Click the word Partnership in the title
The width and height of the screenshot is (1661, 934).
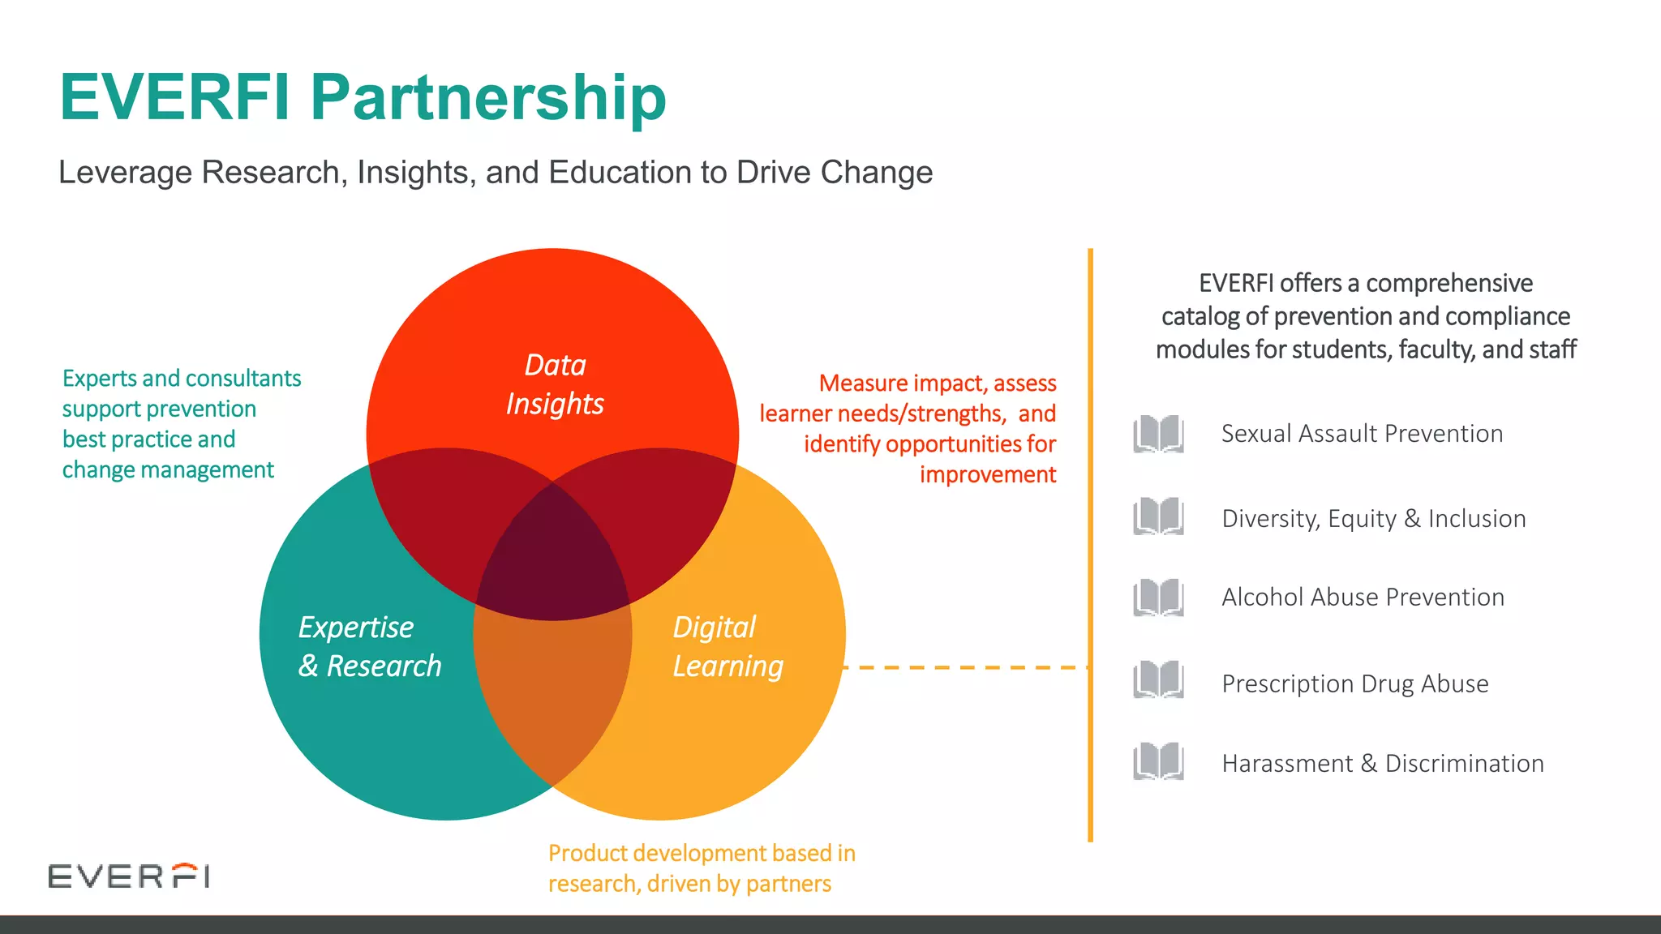tap(488, 98)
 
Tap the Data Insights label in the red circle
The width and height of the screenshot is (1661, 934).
tap(555, 384)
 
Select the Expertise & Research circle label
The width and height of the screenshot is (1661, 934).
tap(369, 646)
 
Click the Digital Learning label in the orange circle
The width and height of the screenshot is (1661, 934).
tap(727, 646)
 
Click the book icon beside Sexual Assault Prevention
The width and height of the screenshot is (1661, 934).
tap(1158, 434)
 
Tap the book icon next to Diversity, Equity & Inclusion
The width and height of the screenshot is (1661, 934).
tap(1158, 516)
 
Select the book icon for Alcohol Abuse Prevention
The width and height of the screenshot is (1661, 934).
tap(1158, 598)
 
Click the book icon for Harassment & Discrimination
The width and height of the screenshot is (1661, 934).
tap(1158, 761)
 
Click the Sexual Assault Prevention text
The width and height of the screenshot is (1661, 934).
tap(1362, 434)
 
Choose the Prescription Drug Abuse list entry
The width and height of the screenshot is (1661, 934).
tap(1354, 683)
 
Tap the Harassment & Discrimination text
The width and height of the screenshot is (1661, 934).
tap(1382, 763)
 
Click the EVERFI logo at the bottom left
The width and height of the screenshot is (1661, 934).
tap(129, 876)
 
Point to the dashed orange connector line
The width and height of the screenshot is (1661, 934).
tap(965, 667)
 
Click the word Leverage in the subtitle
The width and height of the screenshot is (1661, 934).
tap(126, 173)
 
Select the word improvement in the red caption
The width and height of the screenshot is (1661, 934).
tap(987, 474)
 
